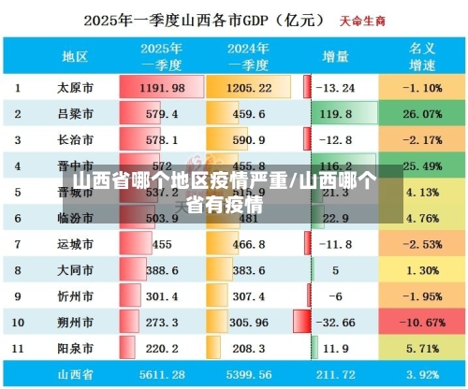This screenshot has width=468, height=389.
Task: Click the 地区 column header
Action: pos(74,56)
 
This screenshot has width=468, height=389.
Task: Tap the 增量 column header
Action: pos(335,56)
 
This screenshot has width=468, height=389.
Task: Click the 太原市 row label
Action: pos(74,88)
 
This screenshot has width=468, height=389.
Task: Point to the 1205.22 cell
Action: pos(246,88)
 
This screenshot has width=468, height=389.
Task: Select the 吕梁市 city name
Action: pos(74,114)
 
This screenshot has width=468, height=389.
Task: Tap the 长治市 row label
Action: pos(74,140)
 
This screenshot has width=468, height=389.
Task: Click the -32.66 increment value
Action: pos(335,321)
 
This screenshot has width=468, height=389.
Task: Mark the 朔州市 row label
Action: pos(74,321)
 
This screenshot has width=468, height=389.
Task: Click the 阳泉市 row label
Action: pos(74,347)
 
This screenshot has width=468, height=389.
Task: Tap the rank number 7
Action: pos(18,244)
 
